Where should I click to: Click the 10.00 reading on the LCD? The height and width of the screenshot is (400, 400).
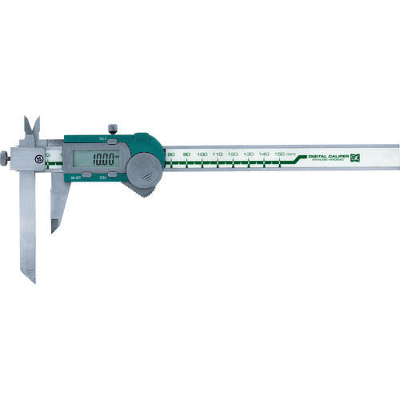102,158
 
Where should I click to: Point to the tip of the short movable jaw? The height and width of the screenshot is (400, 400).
54,230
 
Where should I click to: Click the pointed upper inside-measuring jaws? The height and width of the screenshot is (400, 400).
32,128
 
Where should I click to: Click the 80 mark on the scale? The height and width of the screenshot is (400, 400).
170,154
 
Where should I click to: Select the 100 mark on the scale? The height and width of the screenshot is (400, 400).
201,154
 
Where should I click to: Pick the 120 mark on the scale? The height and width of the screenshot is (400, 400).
232,154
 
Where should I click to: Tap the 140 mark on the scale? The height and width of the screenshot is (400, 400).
263,153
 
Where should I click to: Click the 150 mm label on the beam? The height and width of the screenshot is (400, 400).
282,153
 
